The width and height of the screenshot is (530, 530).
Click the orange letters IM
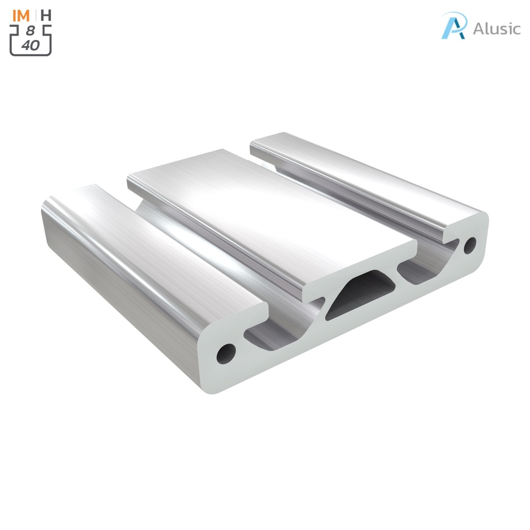click(x=21, y=15)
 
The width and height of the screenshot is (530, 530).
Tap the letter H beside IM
click(x=46, y=15)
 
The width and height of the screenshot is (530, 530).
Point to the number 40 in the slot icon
click(x=31, y=45)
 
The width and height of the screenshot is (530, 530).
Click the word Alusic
click(x=496, y=29)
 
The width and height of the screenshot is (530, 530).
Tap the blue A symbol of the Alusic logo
click(x=454, y=26)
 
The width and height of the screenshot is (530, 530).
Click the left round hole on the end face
click(x=226, y=352)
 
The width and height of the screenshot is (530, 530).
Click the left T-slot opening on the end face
click(x=269, y=336)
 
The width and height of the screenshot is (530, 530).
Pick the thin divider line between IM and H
click(x=35, y=15)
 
